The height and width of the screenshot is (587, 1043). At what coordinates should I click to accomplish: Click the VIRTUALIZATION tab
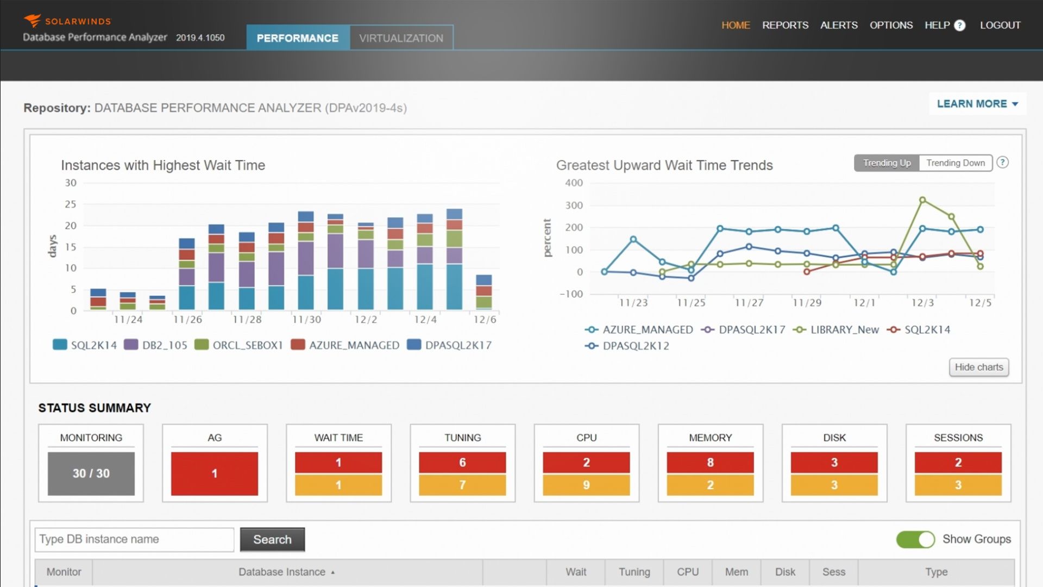(401, 38)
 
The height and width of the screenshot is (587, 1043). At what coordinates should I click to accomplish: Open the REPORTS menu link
(785, 25)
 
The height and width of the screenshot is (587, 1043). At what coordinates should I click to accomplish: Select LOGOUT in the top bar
(1000, 25)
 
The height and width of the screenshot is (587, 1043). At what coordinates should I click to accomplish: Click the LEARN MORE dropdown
(977, 104)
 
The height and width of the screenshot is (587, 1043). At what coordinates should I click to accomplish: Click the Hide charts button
(978, 367)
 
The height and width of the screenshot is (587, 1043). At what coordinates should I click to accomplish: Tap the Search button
(272, 539)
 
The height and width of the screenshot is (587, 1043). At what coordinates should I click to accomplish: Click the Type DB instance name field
(134, 539)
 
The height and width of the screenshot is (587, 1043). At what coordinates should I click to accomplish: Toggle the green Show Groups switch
(915, 539)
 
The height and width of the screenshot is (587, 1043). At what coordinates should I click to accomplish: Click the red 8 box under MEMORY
(710, 463)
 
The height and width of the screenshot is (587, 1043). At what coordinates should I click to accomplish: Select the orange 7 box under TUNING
(462, 485)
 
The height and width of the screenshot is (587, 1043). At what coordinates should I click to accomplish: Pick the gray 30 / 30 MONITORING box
(91, 473)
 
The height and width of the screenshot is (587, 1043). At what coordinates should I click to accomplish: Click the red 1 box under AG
(215, 473)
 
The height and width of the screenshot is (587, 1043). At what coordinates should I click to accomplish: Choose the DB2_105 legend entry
(164, 345)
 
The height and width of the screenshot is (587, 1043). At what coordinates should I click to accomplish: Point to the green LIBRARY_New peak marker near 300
(922, 200)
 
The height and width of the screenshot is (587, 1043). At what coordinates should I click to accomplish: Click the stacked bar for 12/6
(483, 292)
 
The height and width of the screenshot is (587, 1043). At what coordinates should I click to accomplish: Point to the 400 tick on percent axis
(574, 183)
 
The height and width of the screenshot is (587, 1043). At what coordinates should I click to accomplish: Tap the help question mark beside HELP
(959, 26)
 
